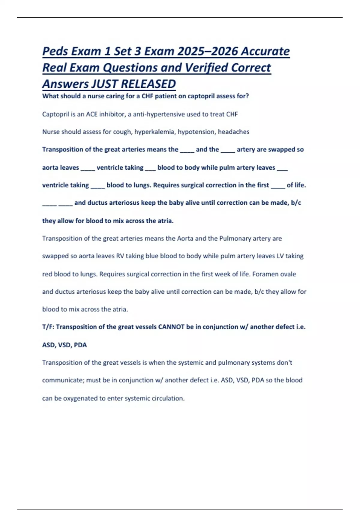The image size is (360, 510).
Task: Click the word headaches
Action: pyautogui.click(x=233, y=132)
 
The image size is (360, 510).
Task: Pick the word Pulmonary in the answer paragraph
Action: pyautogui.click(x=235, y=238)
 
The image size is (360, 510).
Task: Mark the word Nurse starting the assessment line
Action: pyautogui.click(x=51, y=132)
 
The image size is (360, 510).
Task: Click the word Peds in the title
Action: pyautogui.click(x=55, y=51)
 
